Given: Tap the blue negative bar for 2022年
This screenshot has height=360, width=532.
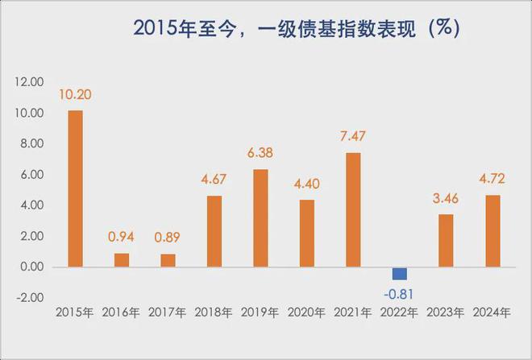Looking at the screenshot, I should tap(400, 273).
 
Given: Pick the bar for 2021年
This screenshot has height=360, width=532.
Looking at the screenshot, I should tap(353, 209).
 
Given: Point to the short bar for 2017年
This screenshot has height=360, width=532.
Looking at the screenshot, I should tap(168, 260).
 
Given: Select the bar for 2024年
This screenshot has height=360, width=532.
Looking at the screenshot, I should tap(493, 230).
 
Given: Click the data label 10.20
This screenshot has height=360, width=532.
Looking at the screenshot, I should tap(75, 95).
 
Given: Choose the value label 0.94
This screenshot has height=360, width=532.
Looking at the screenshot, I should tap(122, 238).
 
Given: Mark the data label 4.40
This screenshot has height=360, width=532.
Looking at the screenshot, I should tap(307, 184).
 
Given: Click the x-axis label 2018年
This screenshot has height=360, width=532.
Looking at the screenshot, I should tap(214, 312).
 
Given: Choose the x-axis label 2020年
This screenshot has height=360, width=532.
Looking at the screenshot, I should tap(307, 312).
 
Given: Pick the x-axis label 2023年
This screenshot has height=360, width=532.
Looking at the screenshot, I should tap(447, 312).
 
